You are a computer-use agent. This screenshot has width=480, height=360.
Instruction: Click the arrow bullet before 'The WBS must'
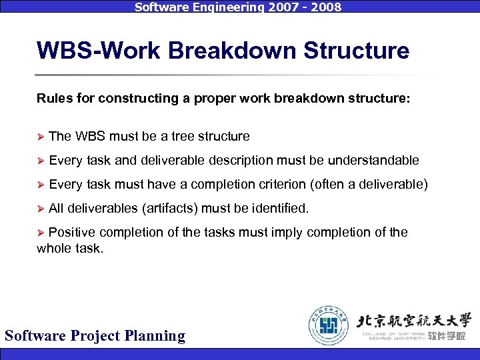[40, 137]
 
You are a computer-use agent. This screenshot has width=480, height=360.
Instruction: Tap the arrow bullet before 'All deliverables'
[40, 209]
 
